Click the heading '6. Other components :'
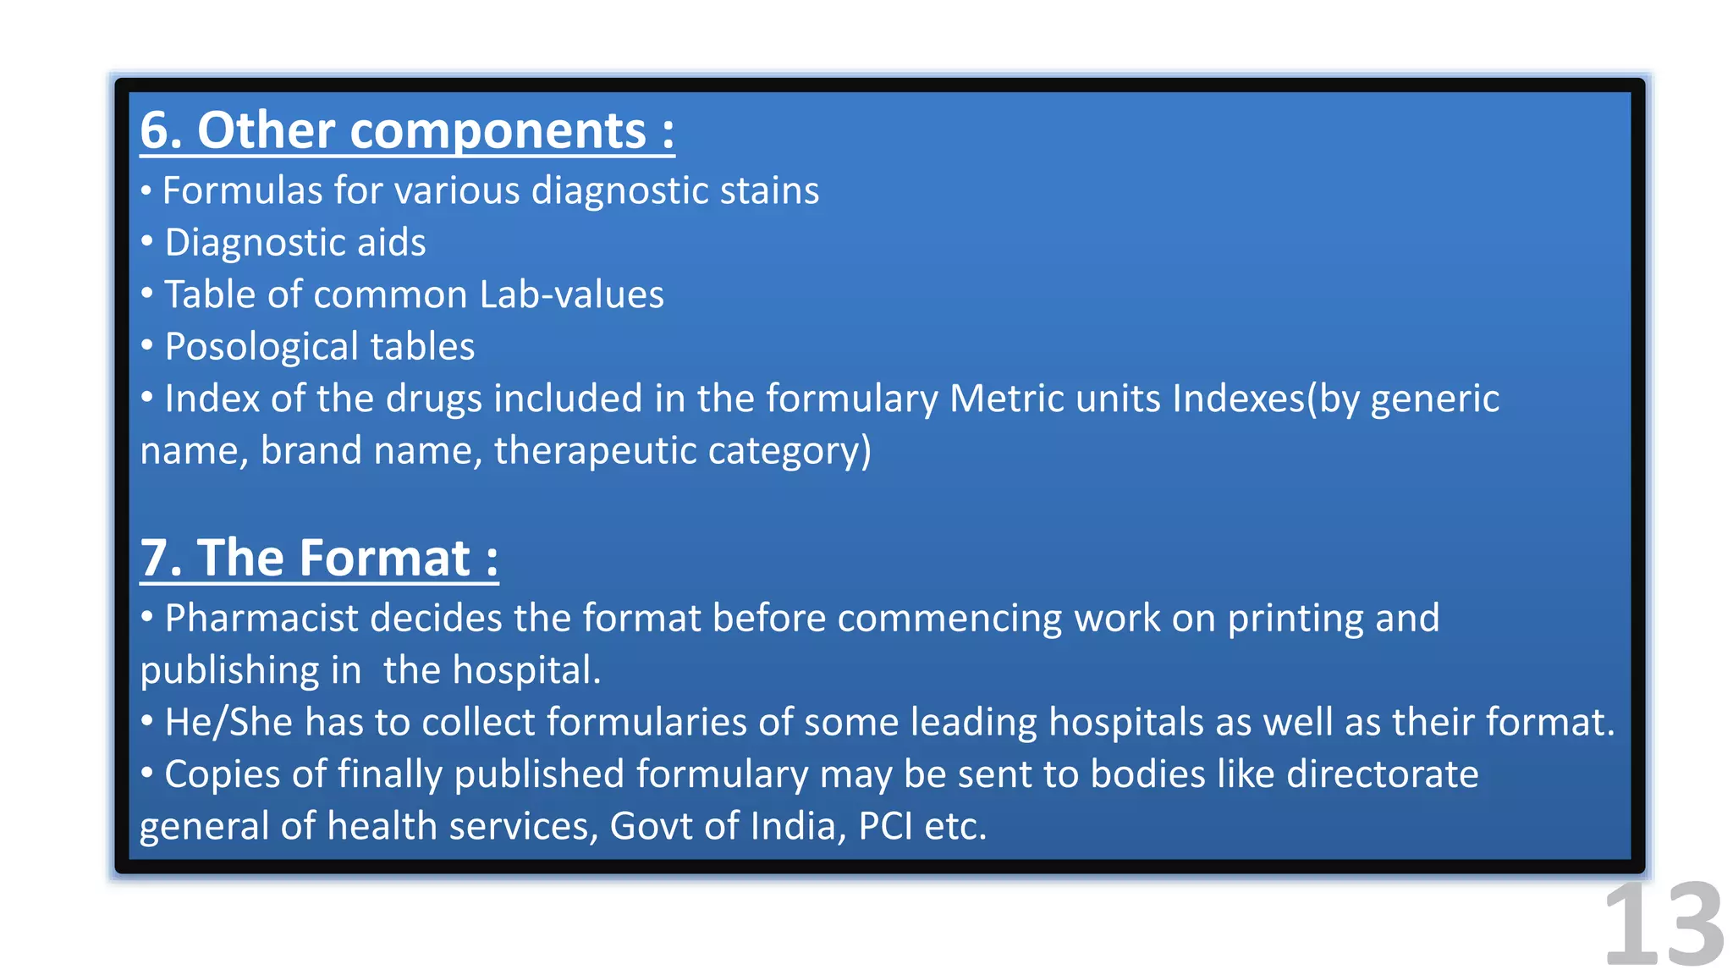(x=407, y=131)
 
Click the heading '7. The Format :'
(x=319, y=559)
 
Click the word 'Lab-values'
(x=571, y=295)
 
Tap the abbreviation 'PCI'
(x=885, y=826)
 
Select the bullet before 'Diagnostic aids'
(x=147, y=242)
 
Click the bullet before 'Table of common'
(x=147, y=294)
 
